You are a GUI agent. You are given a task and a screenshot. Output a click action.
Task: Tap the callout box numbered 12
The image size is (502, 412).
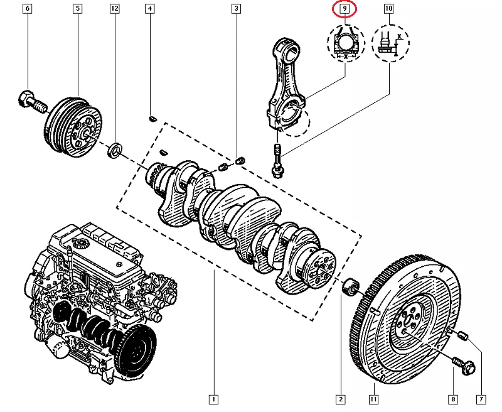click(114, 9)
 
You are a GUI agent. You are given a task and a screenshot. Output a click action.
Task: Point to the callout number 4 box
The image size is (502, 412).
click(149, 9)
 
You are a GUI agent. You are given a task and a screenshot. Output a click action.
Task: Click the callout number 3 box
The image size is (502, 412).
click(236, 9)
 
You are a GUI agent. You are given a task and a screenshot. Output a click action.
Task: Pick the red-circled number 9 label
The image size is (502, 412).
click(344, 9)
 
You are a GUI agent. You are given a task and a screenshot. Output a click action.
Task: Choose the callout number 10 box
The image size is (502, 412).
click(389, 9)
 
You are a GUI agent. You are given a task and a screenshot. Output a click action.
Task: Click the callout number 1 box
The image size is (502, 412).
click(214, 399)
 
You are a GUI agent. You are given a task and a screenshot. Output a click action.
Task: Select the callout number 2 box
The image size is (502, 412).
click(340, 399)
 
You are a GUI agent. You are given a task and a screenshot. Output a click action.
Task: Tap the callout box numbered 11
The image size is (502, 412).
click(373, 399)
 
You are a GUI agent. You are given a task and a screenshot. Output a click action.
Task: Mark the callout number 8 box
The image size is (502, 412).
click(453, 399)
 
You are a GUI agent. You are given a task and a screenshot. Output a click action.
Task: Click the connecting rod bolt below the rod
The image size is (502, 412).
click(276, 160)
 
